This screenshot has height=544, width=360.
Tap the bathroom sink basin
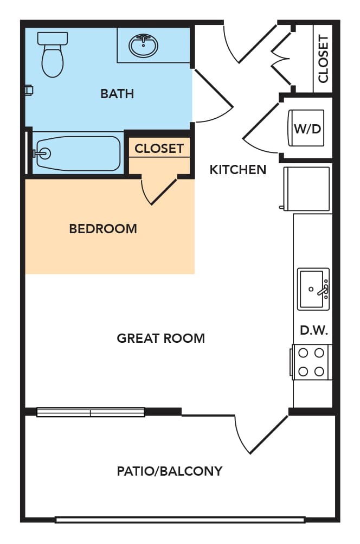click(x=143, y=45)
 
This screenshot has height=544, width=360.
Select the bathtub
click(x=78, y=153)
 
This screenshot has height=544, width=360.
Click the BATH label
click(x=117, y=94)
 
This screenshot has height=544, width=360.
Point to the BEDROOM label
click(x=103, y=229)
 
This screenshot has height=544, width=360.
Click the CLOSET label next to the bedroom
click(x=159, y=149)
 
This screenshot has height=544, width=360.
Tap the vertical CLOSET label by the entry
click(x=323, y=59)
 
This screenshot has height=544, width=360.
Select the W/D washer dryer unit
click(x=307, y=128)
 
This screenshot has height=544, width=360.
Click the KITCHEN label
click(x=238, y=170)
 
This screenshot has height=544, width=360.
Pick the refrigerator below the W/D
click(x=305, y=188)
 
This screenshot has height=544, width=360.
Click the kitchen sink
click(x=313, y=289)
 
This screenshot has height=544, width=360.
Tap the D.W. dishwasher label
click(x=314, y=330)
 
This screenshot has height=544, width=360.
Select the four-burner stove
click(x=311, y=362)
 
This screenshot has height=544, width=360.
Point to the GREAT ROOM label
click(x=161, y=338)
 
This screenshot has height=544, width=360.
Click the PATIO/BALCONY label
click(x=170, y=471)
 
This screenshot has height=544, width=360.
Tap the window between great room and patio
click(x=91, y=412)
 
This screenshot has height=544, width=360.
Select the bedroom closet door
click(x=159, y=191)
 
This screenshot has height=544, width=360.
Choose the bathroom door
click(x=211, y=95)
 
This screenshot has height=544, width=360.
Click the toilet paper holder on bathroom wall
click(x=29, y=91)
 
